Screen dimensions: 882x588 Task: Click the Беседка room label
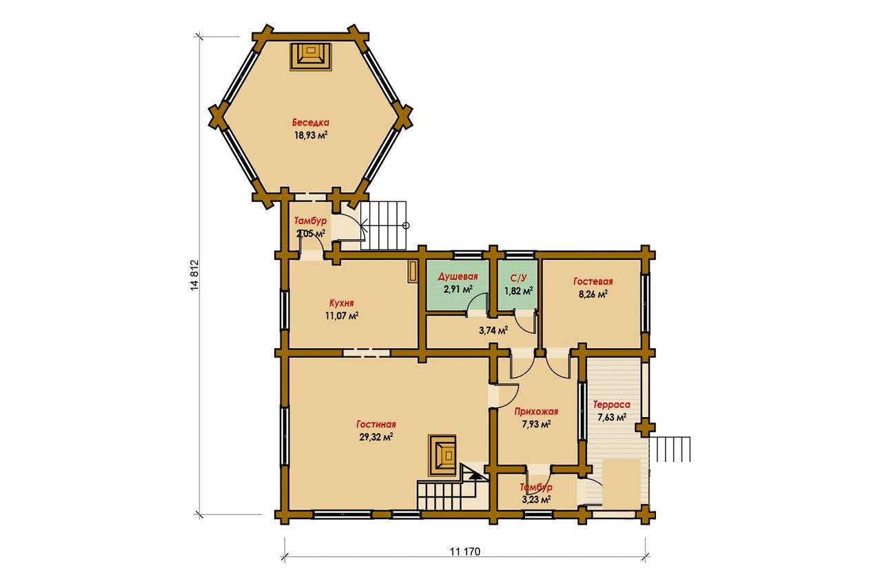tap(311, 123)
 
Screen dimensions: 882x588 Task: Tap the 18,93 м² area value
tap(311, 135)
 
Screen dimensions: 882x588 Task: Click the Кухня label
tap(341, 303)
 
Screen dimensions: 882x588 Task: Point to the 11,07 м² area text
tap(342, 316)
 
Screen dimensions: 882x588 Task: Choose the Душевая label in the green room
tap(458, 276)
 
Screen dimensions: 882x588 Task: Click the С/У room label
tap(518, 278)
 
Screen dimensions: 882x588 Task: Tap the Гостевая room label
tap(593, 281)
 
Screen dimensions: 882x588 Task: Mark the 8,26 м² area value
tap(593, 294)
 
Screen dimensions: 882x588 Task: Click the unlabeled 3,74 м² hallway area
tap(493, 330)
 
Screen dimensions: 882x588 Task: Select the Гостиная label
tap(376, 424)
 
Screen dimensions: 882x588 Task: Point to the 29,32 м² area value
tap(376, 437)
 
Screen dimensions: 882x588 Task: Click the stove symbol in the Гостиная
tap(442, 456)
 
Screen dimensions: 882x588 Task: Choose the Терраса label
tap(611, 405)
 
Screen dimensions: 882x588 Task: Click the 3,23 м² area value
tap(536, 500)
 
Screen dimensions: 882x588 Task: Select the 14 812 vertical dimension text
tap(194, 275)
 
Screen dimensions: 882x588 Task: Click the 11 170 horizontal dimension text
tap(465, 551)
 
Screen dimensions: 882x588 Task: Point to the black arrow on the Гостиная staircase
tap(475, 476)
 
